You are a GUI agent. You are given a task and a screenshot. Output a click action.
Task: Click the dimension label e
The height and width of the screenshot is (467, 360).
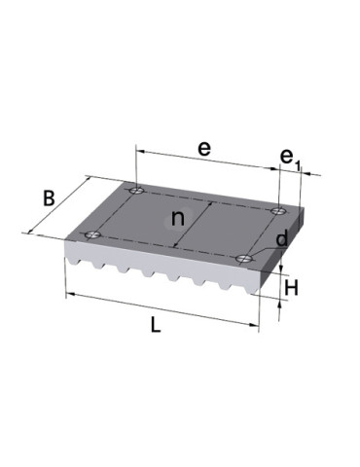[x=203, y=149]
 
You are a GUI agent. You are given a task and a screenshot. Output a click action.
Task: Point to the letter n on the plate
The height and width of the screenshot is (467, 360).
[x=177, y=217]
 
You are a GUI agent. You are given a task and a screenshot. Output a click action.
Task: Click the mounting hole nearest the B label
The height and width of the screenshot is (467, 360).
[x=92, y=233]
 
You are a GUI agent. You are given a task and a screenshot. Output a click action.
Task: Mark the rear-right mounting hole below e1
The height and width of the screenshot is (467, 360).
[x=279, y=208]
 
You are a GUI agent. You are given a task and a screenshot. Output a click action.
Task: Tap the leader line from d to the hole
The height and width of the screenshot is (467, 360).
[x=263, y=249]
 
